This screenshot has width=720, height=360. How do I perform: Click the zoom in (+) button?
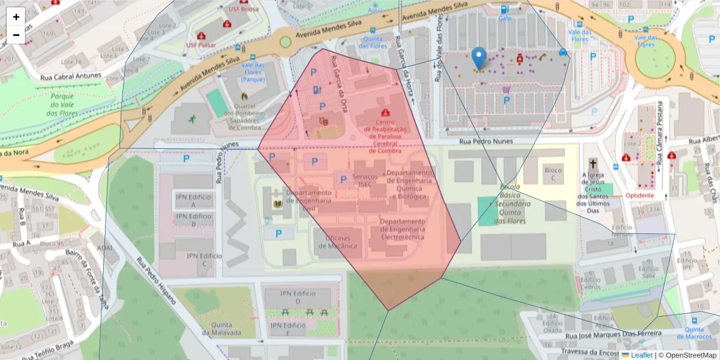coord(16,17)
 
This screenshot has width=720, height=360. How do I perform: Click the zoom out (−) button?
coord(16,35)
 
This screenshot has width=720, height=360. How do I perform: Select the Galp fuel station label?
coord(505,18)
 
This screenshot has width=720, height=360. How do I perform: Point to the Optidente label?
coord(640,196)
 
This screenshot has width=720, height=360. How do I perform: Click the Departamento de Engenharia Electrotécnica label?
coord(402,229)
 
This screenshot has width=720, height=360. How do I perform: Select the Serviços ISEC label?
coord(365,181)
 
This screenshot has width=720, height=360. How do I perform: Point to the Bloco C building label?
coord(553,174)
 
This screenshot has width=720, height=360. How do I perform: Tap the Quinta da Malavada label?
coord(221,329)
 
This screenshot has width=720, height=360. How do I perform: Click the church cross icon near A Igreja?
coord(593,164)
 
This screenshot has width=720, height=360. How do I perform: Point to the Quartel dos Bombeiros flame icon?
coord(244,95)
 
